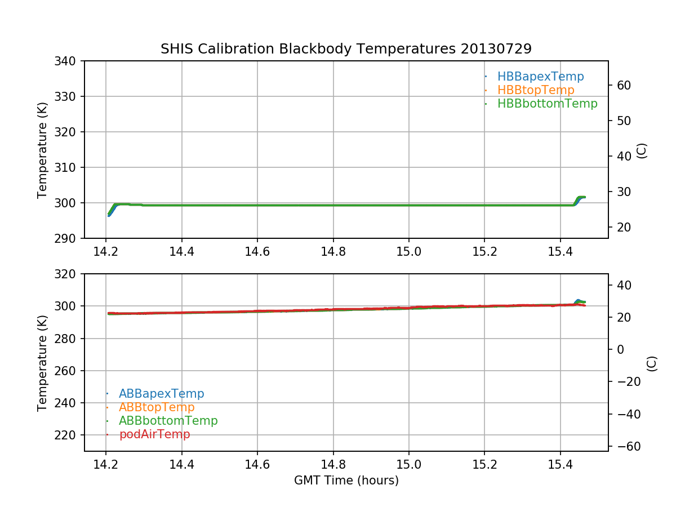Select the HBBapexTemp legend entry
(x=540, y=77)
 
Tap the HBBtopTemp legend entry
(x=536, y=90)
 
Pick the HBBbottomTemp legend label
(x=547, y=104)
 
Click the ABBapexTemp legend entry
(x=161, y=394)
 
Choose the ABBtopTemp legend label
(x=157, y=407)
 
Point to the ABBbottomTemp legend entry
(x=168, y=421)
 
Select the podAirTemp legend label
(x=154, y=434)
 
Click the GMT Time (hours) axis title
(x=346, y=481)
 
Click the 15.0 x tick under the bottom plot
(x=409, y=464)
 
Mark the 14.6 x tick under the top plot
(x=257, y=251)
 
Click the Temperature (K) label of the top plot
(x=43, y=150)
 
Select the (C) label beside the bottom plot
(x=652, y=363)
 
